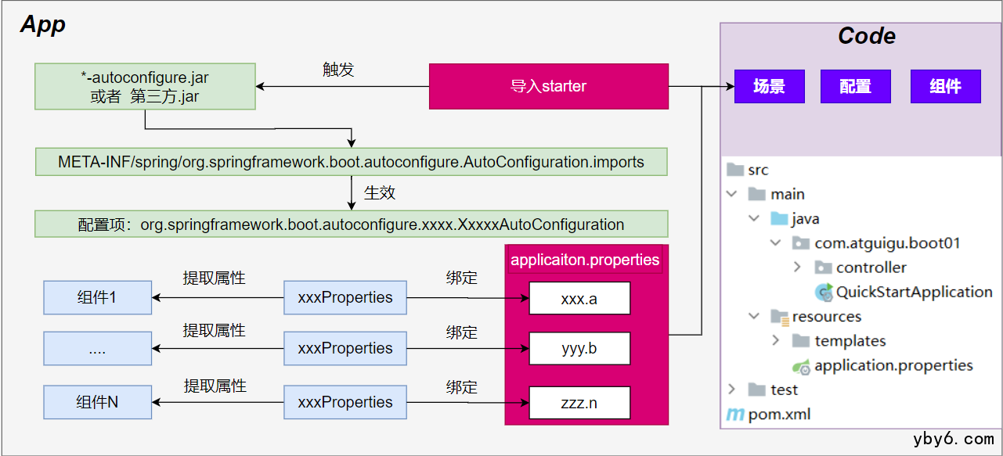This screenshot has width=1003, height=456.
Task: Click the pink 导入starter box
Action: click(548, 86)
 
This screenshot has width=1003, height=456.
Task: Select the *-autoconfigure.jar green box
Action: click(145, 87)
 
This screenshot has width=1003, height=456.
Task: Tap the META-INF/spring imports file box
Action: click(351, 163)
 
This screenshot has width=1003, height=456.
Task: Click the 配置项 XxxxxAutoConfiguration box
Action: click(351, 224)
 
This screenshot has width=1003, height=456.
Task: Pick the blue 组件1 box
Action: click(97, 298)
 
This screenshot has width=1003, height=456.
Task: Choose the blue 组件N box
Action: click(97, 402)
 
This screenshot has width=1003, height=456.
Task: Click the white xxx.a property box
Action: click(579, 298)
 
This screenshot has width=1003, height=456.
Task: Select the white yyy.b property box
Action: click(579, 348)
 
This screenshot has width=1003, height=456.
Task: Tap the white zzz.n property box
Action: click(579, 402)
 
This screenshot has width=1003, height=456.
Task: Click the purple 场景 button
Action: click(769, 86)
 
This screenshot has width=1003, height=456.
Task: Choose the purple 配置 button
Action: click(855, 86)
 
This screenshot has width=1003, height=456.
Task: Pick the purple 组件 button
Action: click(945, 86)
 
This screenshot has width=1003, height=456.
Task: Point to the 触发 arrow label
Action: click(338, 69)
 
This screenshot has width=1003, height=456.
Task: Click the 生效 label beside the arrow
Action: click(380, 191)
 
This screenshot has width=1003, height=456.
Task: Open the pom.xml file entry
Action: click(778, 414)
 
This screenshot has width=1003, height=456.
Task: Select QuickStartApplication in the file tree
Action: click(913, 292)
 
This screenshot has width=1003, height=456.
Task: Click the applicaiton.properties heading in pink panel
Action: click(585, 260)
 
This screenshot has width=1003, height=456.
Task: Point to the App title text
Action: click(43, 24)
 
